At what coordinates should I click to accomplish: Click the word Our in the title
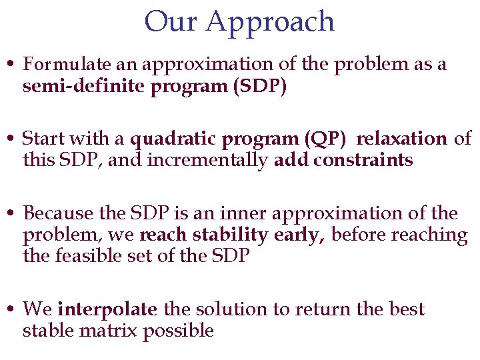(x=171, y=21)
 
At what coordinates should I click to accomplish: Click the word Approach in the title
(x=270, y=23)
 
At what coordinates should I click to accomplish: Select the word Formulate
(x=67, y=65)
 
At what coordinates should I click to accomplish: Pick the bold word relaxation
(x=401, y=139)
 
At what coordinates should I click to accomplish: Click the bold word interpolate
(x=107, y=310)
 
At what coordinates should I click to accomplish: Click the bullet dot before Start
(x=11, y=140)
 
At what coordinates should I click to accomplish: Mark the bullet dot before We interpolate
(x=11, y=310)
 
